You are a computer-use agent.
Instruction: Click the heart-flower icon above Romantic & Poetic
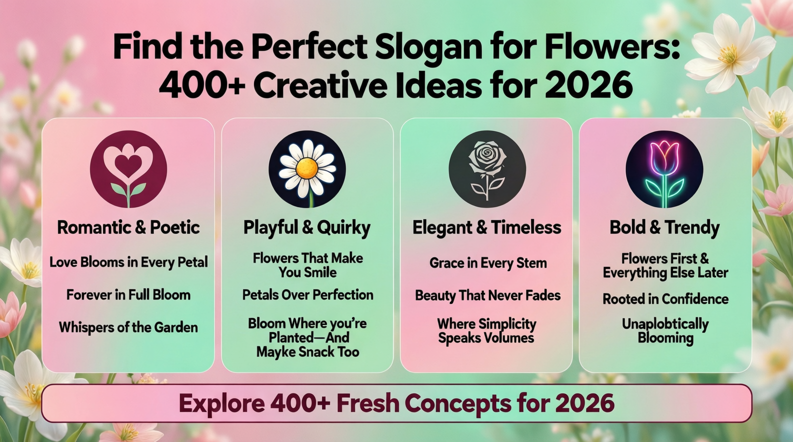tap(128, 169)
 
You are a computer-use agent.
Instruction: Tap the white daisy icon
tap(307, 169)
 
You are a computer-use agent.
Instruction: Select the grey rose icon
tap(487, 169)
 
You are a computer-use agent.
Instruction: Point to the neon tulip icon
tap(664, 169)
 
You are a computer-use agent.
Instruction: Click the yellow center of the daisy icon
tap(307, 168)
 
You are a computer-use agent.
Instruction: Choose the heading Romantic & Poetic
tap(128, 228)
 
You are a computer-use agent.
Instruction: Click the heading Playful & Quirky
tap(307, 228)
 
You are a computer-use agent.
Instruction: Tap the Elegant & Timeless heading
tap(487, 228)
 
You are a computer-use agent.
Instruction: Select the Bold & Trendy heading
tap(664, 228)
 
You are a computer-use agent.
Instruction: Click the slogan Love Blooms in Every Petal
tap(128, 262)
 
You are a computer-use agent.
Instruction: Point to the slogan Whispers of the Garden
tap(128, 327)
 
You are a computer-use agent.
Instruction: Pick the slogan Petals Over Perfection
tap(307, 295)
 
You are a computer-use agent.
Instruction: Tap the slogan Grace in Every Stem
tap(488, 263)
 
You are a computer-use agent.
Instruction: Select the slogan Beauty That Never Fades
tap(488, 295)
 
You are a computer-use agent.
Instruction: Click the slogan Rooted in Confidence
tap(665, 299)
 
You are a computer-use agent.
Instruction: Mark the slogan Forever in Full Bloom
tap(128, 295)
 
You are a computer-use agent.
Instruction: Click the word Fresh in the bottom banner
tap(367, 403)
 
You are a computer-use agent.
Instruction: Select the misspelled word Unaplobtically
tap(665, 324)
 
